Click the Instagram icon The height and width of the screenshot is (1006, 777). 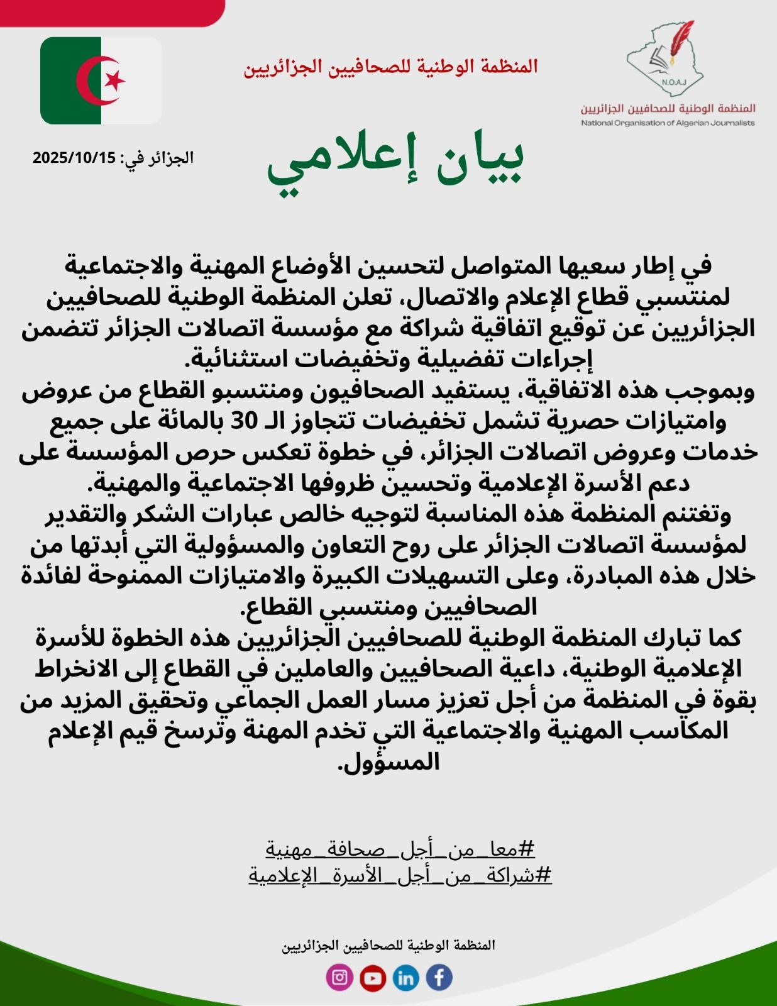[339, 977]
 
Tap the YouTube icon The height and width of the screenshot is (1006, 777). [373, 978]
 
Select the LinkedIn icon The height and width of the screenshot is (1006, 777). [405, 978]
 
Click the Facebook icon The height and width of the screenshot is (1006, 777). [439, 977]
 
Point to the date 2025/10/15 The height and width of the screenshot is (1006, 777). [75, 158]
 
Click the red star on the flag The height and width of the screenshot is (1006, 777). [115, 80]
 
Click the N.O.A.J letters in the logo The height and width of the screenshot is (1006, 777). [673, 82]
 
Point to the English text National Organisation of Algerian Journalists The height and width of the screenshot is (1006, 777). [668, 123]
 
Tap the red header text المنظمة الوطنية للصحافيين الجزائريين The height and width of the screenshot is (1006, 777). [390, 67]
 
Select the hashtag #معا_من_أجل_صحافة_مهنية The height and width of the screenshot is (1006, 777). [400, 849]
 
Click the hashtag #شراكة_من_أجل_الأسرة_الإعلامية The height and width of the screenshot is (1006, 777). [400, 875]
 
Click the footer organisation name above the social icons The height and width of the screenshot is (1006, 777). [388, 945]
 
